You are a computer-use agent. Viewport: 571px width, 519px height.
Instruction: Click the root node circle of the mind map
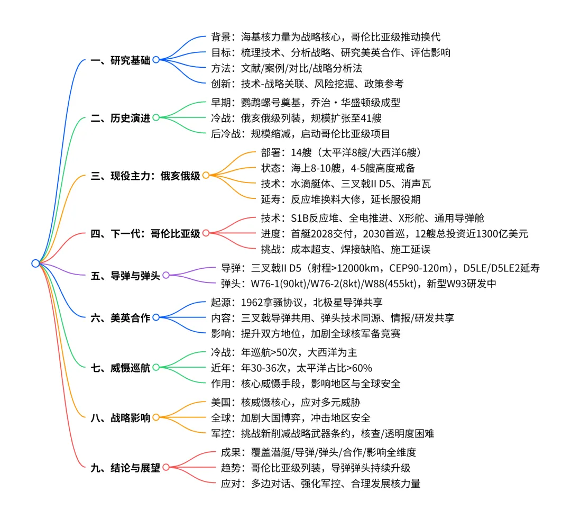(x=35, y=263)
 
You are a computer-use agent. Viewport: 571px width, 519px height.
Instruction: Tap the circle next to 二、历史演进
(x=156, y=117)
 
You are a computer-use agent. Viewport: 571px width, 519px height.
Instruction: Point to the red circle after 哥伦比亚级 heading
(x=206, y=233)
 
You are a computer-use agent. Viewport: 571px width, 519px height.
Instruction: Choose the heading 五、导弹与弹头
(x=125, y=276)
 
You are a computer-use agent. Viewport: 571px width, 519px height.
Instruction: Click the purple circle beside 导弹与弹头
(x=166, y=276)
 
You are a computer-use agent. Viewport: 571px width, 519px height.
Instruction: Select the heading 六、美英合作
(x=121, y=318)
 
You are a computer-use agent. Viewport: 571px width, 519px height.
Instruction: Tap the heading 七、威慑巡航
(x=121, y=368)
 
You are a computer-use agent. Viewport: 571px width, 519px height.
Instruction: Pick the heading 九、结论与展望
(x=125, y=468)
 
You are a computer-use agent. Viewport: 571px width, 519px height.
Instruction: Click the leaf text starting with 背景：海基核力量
(x=325, y=38)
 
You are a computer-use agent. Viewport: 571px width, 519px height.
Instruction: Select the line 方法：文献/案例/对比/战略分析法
(x=294, y=68)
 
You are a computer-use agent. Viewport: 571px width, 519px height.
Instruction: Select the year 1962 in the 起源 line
(x=252, y=303)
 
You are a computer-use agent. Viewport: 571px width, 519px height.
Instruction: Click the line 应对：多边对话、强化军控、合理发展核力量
(x=320, y=483)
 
